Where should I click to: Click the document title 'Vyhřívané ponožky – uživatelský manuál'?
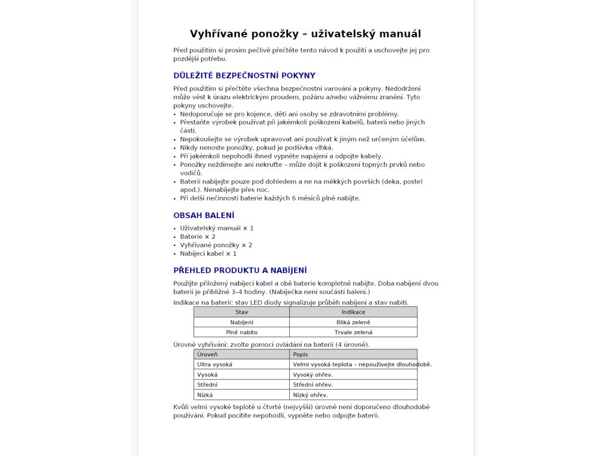click(305, 34)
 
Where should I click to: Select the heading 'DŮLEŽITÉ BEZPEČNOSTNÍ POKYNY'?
click(244, 75)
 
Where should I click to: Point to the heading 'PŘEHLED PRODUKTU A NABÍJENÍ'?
click(240, 270)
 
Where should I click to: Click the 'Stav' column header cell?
click(242, 312)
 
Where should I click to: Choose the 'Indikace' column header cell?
click(353, 312)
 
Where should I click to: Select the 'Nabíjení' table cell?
click(242, 322)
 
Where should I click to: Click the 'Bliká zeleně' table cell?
click(353, 322)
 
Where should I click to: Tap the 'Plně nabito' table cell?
click(242, 332)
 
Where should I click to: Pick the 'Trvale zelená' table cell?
click(353, 332)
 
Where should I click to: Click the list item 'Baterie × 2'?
click(198, 236)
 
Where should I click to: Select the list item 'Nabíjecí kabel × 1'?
click(208, 254)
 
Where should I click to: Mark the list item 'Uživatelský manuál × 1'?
click(217, 228)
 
